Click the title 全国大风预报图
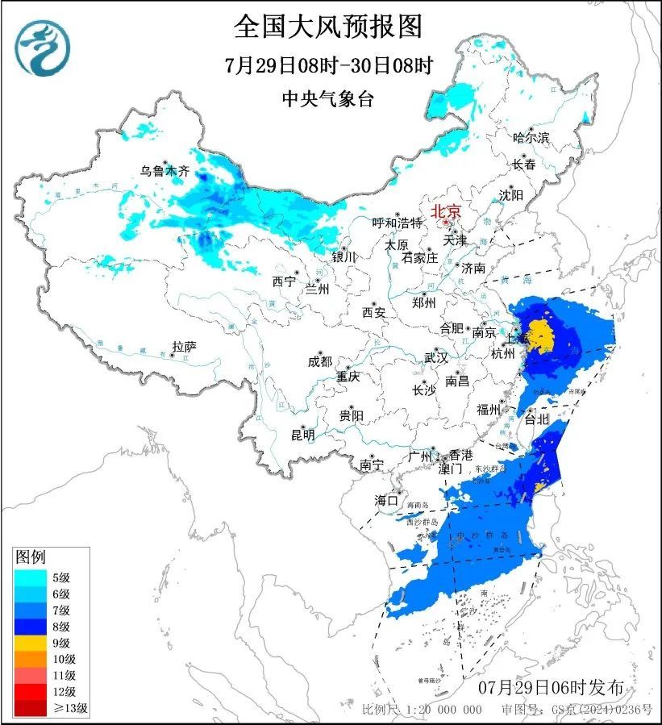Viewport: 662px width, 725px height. [x=328, y=27]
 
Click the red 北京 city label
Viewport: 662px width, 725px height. [x=446, y=211]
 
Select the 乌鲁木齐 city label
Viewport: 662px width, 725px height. [x=164, y=172]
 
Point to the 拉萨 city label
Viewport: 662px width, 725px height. [x=185, y=348]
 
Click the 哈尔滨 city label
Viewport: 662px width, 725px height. [x=531, y=138]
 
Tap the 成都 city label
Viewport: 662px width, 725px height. [x=319, y=361]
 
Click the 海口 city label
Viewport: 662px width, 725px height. [x=387, y=501]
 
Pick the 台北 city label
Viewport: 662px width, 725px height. [x=536, y=419]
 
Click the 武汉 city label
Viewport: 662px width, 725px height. [x=437, y=358]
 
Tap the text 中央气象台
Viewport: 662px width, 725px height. [x=328, y=99]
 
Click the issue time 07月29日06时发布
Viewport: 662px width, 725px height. [x=551, y=688]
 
